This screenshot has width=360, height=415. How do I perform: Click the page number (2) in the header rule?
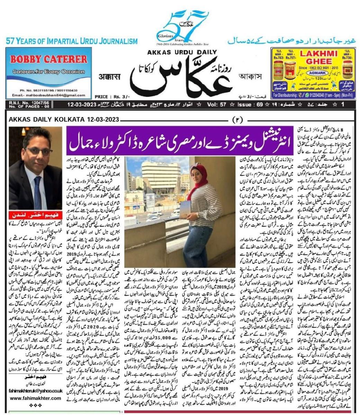[x=238, y=120]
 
